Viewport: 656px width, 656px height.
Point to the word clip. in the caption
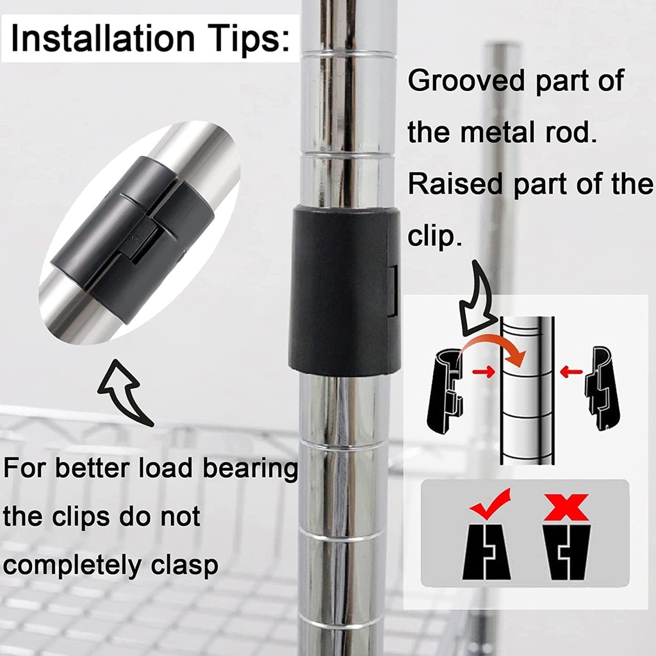(x=435, y=235)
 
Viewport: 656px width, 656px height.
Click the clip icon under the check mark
(x=486, y=550)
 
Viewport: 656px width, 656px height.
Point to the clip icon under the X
(x=567, y=551)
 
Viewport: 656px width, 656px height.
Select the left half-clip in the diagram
(x=445, y=391)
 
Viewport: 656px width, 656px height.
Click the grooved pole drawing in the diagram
(x=527, y=391)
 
